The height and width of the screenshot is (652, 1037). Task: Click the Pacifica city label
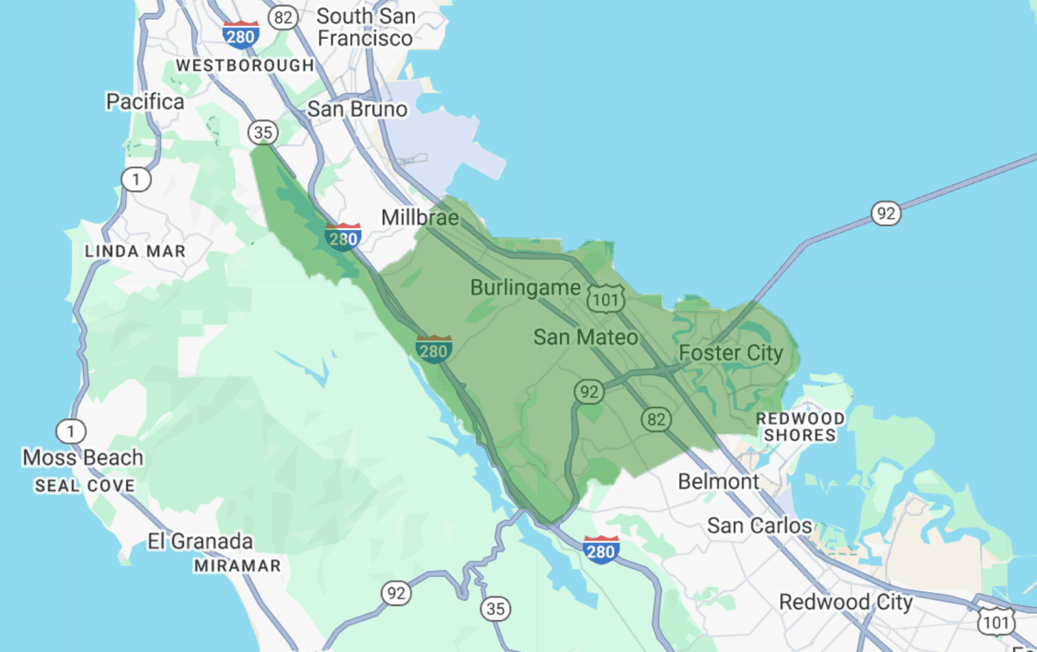click(x=145, y=102)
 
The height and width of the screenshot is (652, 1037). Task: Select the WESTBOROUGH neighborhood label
click(x=245, y=66)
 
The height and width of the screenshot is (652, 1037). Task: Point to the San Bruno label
click(x=357, y=110)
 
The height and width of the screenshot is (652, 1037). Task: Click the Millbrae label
click(x=420, y=217)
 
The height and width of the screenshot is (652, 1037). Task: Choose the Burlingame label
click(x=525, y=287)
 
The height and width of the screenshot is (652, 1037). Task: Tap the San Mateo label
click(x=585, y=337)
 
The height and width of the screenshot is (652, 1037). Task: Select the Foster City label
click(x=730, y=353)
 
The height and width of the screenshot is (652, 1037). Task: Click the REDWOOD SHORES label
click(x=800, y=427)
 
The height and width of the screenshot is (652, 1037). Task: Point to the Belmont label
click(x=718, y=482)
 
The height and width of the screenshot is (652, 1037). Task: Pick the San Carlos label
click(x=760, y=526)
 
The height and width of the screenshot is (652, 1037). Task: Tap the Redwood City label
click(x=845, y=602)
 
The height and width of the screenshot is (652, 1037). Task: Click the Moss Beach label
click(x=83, y=457)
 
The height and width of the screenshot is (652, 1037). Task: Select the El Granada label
click(x=200, y=542)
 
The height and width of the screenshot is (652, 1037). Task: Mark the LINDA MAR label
click(x=135, y=252)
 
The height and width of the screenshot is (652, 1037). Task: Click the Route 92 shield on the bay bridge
click(x=885, y=214)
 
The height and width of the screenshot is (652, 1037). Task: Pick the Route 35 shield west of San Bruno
click(x=262, y=132)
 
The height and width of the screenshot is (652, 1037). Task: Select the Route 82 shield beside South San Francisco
click(x=282, y=16)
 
